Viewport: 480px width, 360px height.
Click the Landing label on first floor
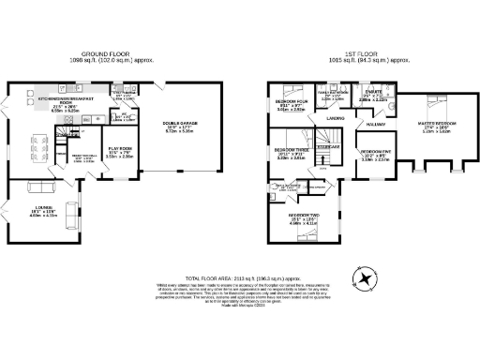(x=335, y=119)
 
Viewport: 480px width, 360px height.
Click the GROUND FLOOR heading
(x=106, y=54)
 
